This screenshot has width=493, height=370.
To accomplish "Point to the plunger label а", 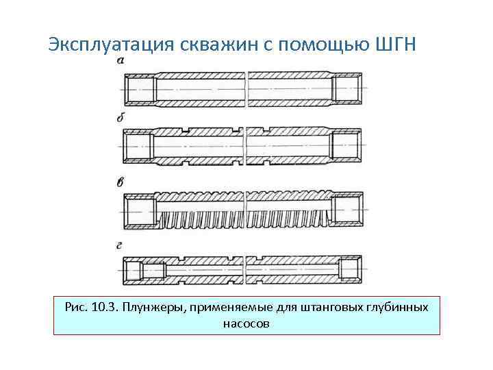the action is point(121,61).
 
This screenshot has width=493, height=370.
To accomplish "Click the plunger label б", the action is point(121,117).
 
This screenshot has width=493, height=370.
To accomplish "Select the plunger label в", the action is point(121,182).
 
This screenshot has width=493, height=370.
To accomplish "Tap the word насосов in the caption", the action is point(246,322).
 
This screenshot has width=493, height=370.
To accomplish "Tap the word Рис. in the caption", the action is point(75,306).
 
